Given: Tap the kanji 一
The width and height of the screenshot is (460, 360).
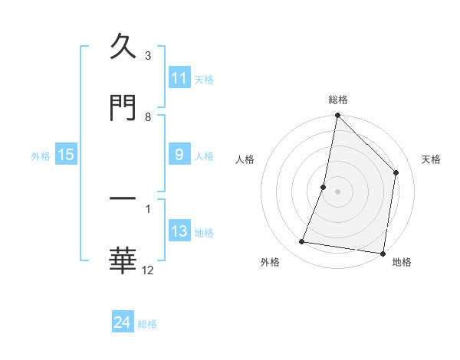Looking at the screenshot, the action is [123, 200].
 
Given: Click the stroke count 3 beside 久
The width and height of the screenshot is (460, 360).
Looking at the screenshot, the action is [148, 56].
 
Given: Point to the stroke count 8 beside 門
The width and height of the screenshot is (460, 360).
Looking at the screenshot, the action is [148, 116].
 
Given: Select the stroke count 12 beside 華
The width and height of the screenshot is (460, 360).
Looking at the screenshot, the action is [148, 270].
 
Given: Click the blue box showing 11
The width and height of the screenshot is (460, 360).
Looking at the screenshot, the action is [179, 78].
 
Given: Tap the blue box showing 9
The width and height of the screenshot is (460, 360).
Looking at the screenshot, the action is [179, 155].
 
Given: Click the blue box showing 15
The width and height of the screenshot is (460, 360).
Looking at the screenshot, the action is [66, 155].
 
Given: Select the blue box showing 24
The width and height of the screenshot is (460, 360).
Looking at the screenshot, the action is [123, 322].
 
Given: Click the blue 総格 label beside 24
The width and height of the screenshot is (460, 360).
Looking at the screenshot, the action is [148, 324].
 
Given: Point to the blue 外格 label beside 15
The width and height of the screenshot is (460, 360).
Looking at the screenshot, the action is [41, 155].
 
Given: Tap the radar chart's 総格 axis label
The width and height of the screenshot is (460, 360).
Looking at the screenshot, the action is [337, 100].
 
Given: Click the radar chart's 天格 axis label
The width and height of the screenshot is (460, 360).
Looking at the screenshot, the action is [432, 159].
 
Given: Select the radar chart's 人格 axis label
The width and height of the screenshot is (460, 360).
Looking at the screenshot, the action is [245, 159].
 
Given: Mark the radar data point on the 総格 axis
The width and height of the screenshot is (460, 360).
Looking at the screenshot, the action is [337, 116].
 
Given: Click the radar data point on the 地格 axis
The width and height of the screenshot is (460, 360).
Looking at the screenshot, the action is [382, 253].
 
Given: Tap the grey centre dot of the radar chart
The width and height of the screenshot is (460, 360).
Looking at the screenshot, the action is [337, 191].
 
